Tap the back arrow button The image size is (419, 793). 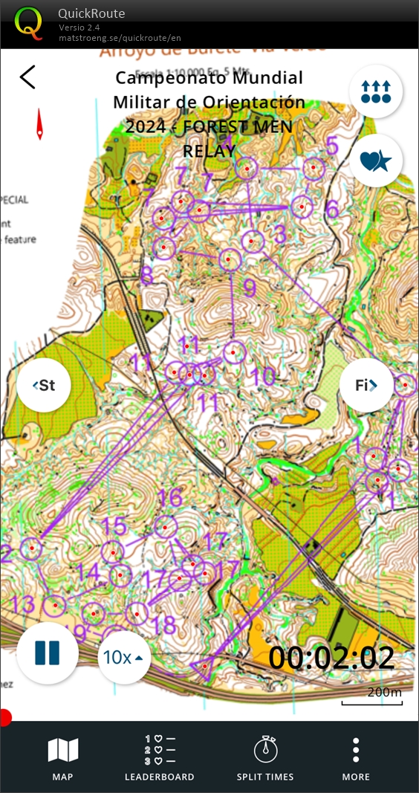(27, 77)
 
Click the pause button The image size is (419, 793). (47, 653)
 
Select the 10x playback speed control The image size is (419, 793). (123, 657)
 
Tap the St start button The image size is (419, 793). (44, 385)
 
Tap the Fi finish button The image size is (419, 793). (366, 385)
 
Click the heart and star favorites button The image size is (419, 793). (376, 160)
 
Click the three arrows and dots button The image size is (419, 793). (376, 91)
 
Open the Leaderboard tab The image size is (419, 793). (160, 758)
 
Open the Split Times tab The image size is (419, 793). (265, 758)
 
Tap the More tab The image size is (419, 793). (356, 758)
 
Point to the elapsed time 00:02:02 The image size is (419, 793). (331, 658)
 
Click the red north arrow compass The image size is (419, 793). (40, 125)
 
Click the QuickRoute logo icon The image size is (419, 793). (29, 23)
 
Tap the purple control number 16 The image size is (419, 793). (171, 496)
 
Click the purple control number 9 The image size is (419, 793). (250, 288)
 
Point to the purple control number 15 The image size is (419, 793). (114, 526)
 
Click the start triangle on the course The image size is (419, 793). (202, 668)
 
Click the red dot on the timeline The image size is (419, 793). (4, 718)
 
